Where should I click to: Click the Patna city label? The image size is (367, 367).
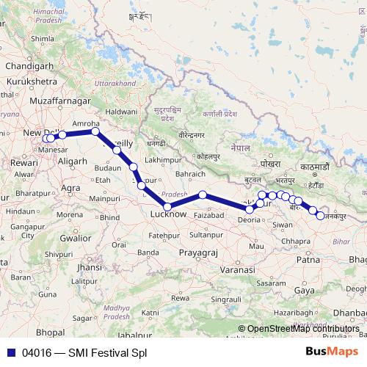308,260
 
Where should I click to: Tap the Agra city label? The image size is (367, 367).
71,188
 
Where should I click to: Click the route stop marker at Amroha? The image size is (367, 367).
95,131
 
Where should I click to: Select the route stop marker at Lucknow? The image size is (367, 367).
167,206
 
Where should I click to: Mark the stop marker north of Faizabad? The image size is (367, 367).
203,195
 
